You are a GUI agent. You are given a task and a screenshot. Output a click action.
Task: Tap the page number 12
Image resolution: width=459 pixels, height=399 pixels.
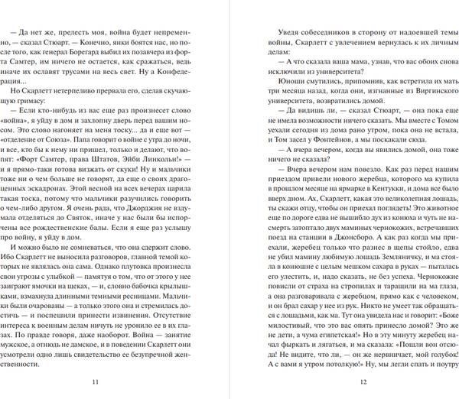click(x=343, y=383)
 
